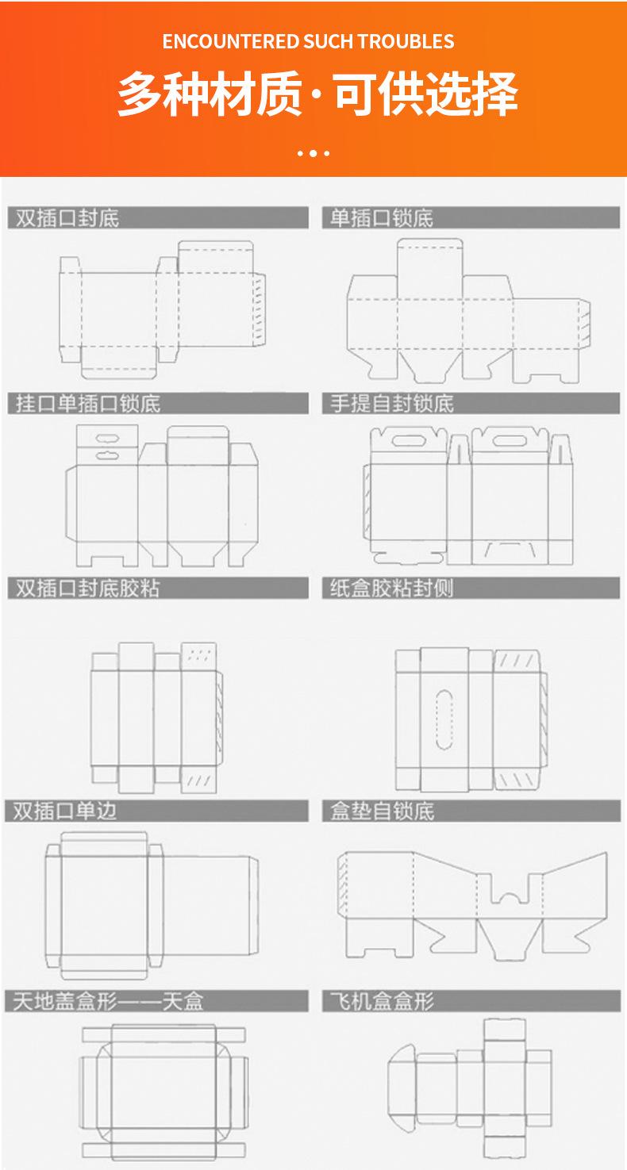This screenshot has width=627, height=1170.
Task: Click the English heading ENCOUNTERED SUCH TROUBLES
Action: pyautogui.click(x=308, y=41)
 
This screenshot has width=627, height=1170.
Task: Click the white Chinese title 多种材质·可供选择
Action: pyautogui.click(x=317, y=94)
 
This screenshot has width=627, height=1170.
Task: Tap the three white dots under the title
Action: pyautogui.click(x=313, y=152)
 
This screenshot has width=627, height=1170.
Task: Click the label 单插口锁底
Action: pyautogui.click(x=382, y=218)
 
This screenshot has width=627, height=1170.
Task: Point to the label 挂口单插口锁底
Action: pyautogui.click(x=88, y=403)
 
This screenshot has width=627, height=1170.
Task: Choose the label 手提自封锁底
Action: pyautogui.click(x=392, y=403)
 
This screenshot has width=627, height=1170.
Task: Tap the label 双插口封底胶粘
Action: pyautogui.click(x=88, y=589)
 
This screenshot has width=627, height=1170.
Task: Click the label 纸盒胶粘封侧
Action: pyautogui.click(x=392, y=589)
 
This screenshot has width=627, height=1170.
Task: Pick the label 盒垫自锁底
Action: pyautogui.click(x=383, y=811)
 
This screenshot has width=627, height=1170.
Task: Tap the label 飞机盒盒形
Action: pyautogui.click(x=383, y=1001)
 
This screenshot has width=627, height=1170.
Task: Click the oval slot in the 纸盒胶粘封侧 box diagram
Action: pyautogui.click(x=444, y=719)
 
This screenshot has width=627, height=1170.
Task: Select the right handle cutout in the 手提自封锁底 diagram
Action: pyautogui.click(x=508, y=438)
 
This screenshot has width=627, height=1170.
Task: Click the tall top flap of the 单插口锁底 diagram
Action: pyautogui.click(x=430, y=258)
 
